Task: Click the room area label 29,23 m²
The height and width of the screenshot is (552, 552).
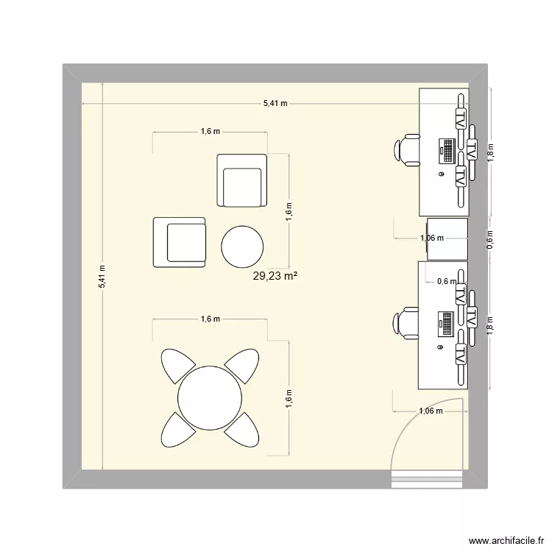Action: tap(279, 277)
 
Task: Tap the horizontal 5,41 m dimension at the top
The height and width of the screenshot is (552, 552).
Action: tap(275, 104)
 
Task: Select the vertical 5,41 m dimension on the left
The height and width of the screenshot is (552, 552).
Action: tap(103, 277)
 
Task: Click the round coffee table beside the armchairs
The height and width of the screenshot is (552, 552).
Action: tap(242, 247)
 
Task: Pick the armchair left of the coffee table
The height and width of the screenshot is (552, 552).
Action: tap(180, 241)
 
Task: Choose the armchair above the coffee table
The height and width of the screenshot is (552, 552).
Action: tap(241, 180)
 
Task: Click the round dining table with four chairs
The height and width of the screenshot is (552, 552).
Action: tap(210, 397)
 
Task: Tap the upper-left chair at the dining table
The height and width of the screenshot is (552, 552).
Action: tap(177, 365)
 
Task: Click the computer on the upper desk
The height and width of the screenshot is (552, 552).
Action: tap(447, 150)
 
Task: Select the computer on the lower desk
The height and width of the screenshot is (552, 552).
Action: tap(446, 323)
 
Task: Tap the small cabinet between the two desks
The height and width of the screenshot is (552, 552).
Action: tap(447, 238)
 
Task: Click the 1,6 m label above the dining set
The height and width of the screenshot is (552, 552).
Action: tap(210, 319)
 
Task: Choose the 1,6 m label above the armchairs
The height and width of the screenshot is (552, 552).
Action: tap(210, 132)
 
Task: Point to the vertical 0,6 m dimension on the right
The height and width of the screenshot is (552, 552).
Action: tap(491, 238)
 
